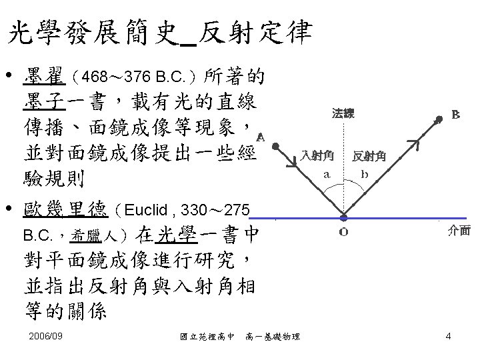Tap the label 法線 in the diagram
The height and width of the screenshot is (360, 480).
(x=343, y=114)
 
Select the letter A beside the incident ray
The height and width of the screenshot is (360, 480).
(x=260, y=137)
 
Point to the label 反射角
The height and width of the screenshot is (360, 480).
(x=369, y=157)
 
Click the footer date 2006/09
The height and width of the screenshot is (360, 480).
(x=46, y=336)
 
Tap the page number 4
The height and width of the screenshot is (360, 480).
(x=448, y=336)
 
